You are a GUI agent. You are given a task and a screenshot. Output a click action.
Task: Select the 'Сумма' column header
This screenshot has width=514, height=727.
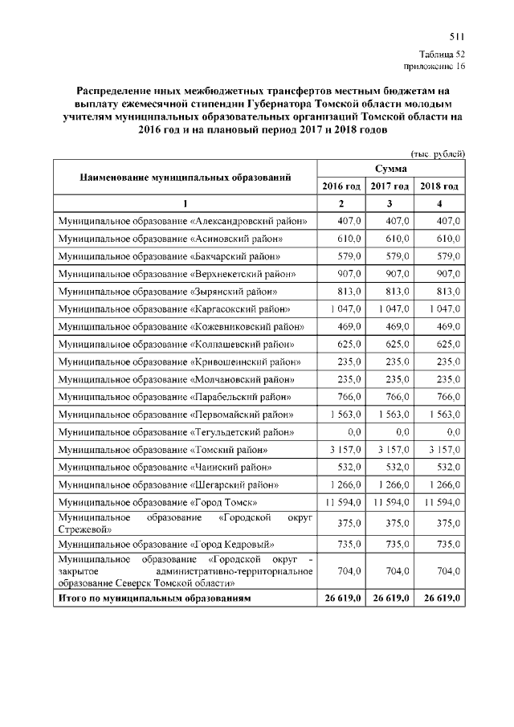coord(390,168)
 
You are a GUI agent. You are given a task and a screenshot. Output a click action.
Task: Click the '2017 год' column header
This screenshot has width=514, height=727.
coord(390,186)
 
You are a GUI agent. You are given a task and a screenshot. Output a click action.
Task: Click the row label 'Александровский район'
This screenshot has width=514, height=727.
coord(185,220)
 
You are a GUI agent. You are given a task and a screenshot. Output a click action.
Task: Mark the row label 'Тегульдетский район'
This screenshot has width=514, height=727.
coord(185,432)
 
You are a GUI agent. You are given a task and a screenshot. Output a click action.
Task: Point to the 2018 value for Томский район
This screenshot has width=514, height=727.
coord(443,450)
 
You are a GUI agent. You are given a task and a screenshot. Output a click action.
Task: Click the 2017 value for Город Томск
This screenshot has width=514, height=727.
coord(391,502)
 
